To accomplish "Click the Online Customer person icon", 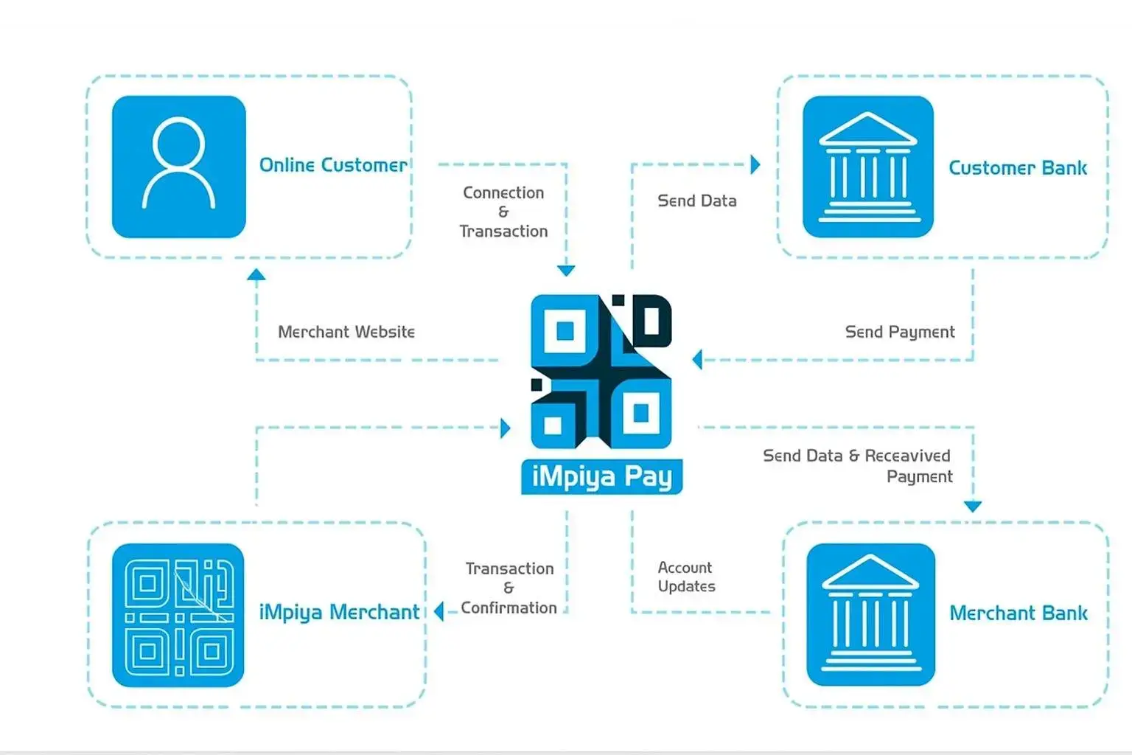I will (178, 167).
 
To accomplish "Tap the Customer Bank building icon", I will (868, 167).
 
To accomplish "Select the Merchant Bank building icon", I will (870, 614).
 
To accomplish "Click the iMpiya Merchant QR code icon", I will (178, 615).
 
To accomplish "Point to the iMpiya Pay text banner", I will (601, 476).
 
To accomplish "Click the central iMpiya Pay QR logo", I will (601, 372).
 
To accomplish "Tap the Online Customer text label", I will (332, 165).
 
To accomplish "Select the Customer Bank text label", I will (1017, 168).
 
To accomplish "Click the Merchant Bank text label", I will (1018, 613).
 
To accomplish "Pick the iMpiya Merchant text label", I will (339, 612).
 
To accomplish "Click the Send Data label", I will (696, 201).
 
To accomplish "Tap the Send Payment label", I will (899, 332).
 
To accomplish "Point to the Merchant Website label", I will (346, 332).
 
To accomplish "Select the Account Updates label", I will (686, 577).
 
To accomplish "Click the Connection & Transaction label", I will (503, 212).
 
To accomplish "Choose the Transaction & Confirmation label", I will (509, 588).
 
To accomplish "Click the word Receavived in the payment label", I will (907, 456).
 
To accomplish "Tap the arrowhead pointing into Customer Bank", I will (755, 164).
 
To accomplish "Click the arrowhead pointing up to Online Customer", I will (256, 275).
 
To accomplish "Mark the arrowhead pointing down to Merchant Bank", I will (973, 507).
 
